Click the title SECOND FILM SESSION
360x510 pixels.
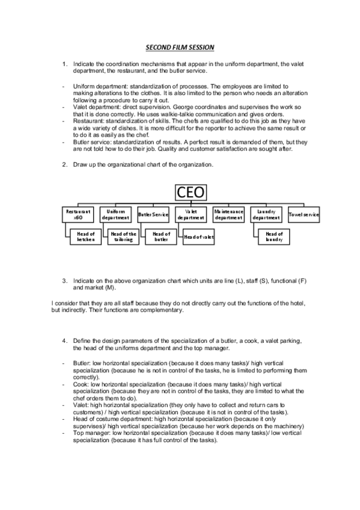180,46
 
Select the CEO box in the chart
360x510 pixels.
191,192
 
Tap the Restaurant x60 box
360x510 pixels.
78,214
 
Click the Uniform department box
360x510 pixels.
116,214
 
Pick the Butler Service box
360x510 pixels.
153,214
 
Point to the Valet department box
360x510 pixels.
191,214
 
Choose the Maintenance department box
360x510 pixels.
228,214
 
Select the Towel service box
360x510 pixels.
304,214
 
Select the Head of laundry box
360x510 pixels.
274,237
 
